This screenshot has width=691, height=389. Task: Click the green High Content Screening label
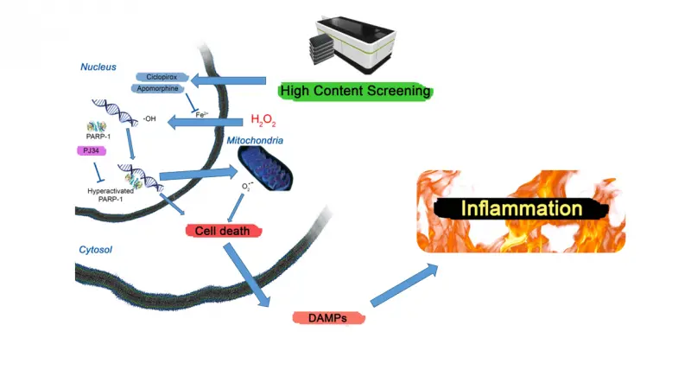(x=354, y=91)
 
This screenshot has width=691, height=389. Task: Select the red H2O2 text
(x=263, y=120)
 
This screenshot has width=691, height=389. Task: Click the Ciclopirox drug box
(x=162, y=76)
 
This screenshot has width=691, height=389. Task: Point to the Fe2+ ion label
(x=200, y=114)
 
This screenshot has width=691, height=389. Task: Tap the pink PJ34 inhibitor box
(x=92, y=150)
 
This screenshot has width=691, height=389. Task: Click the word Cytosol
(x=97, y=249)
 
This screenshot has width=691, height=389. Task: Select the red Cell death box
(x=224, y=231)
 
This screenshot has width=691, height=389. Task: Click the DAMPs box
(x=327, y=317)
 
